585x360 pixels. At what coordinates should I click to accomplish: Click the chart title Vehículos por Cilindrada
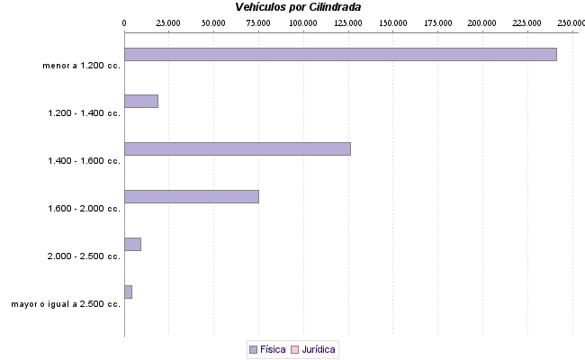click(x=298, y=7)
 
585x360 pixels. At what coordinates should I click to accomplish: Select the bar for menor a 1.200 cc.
click(x=340, y=54)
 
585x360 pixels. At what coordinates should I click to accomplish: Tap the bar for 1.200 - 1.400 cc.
click(x=141, y=101)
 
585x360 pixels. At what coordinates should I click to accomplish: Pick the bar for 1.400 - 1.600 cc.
click(x=237, y=148)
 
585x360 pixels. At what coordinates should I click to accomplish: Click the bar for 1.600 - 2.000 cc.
click(x=191, y=196)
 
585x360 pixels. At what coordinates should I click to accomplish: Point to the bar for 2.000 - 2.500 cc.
click(x=132, y=244)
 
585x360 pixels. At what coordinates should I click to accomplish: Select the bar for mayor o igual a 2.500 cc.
click(x=128, y=292)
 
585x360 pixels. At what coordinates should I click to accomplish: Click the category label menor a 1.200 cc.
click(x=81, y=66)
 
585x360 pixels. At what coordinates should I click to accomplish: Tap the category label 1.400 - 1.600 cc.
click(x=84, y=161)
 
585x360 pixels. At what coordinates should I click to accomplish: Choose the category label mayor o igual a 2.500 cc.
click(x=66, y=304)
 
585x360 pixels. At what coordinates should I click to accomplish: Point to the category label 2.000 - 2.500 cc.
click(x=84, y=256)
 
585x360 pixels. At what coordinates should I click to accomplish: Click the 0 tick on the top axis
click(x=124, y=22)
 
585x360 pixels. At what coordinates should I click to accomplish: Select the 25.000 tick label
click(x=168, y=22)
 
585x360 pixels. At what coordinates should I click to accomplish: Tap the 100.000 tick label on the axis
click(x=303, y=22)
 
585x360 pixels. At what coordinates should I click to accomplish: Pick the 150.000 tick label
click(x=392, y=22)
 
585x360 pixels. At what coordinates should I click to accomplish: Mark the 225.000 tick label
click(x=527, y=22)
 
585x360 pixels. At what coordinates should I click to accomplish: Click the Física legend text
click(x=273, y=349)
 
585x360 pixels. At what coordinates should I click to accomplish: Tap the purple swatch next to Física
click(x=253, y=349)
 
